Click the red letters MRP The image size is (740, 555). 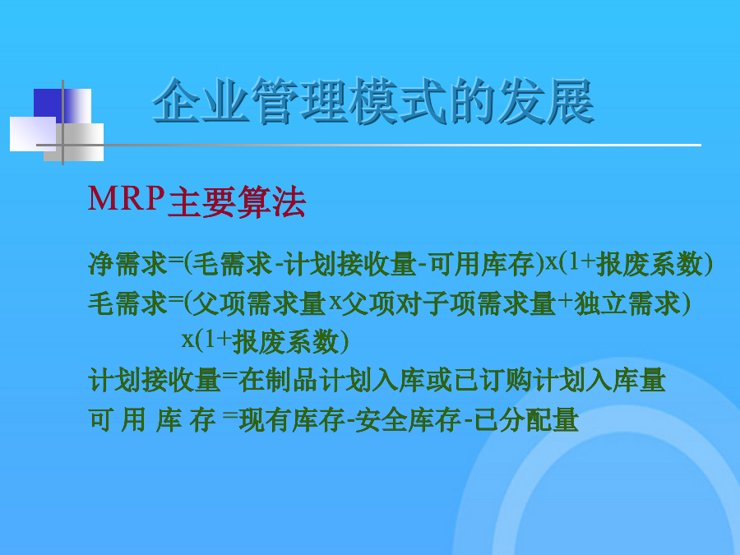126,198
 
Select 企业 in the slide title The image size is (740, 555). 200,100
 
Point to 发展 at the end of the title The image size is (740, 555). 546,100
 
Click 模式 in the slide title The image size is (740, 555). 398,100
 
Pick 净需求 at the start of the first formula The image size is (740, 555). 128,263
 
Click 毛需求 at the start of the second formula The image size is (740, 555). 128,303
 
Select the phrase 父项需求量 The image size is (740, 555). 260,303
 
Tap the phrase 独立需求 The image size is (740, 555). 627,303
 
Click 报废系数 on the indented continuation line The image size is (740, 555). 285,342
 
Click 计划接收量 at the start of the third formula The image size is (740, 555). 155,381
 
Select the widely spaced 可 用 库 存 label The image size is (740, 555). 152,420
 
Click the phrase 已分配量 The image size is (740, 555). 526,420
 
